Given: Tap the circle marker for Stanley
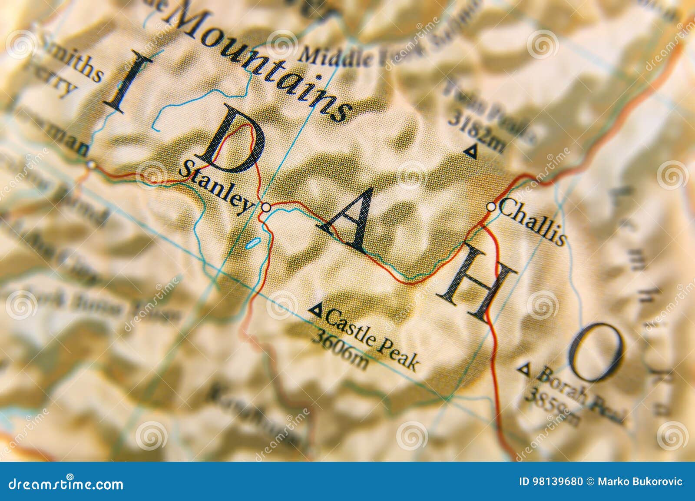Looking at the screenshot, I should coord(266,208).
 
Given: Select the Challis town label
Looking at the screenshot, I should coord(533,222).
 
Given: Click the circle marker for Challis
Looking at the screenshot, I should coord(491,207).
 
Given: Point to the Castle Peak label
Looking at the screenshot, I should coord(371,339).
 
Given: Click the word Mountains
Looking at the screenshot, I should coord(256,61).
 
